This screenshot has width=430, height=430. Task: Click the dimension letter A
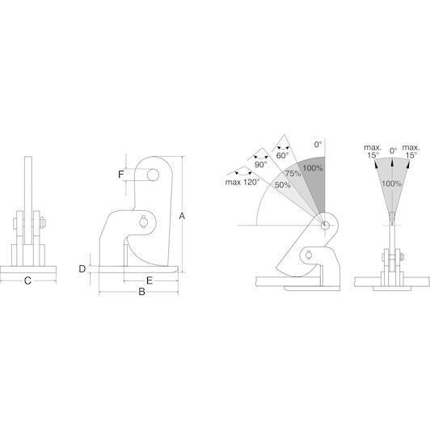[182, 216]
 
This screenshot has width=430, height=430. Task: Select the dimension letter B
[141, 292]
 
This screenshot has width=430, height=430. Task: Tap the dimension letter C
[27, 280]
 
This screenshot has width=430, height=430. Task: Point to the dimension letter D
[82, 269]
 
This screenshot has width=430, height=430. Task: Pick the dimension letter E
[150, 280]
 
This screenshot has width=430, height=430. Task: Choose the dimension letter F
[121, 175]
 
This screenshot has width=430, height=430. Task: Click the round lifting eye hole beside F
[153, 175]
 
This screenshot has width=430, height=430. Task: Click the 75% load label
[293, 173]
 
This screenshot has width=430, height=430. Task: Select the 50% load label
[282, 185]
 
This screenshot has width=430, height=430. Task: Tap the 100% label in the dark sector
[313, 168]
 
